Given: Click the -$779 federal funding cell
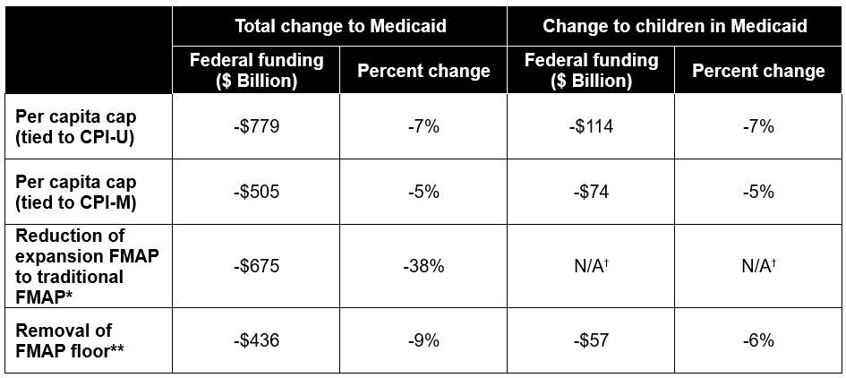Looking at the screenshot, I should [x=256, y=127].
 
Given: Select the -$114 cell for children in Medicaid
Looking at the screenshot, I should [x=591, y=127].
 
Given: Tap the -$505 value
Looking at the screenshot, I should [x=256, y=189].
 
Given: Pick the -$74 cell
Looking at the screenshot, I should [x=591, y=189].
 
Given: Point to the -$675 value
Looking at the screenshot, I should [x=256, y=265].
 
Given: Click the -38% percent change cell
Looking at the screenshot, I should [x=423, y=265].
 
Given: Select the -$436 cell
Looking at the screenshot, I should [x=256, y=340].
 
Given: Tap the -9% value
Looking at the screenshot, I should [x=423, y=340].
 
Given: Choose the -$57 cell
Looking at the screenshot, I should [x=591, y=340].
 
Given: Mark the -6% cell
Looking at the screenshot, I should [x=758, y=340].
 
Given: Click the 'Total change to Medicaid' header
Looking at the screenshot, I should [x=339, y=26].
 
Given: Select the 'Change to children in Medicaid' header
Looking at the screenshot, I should [x=674, y=26].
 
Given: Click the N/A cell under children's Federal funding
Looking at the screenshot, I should [x=591, y=265].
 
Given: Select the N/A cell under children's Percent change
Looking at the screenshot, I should [x=758, y=265].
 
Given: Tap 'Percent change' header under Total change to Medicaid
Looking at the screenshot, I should [x=423, y=71].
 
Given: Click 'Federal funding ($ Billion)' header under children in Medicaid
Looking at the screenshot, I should [x=591, y=71].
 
